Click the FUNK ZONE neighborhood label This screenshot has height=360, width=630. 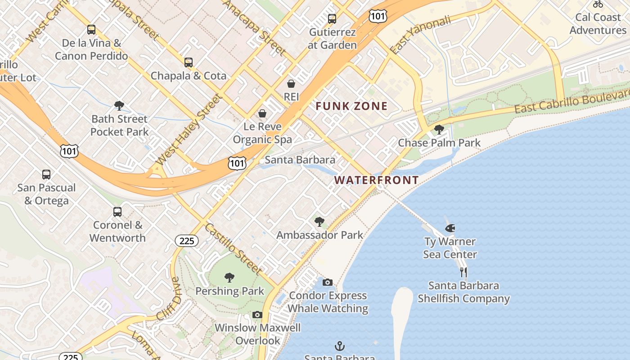pos(351,106)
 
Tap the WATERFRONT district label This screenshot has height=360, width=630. pos(376,180)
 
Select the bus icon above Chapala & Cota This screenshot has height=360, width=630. pos(189,63)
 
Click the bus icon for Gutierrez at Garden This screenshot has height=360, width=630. pos(332,19)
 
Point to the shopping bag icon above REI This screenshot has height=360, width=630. pos(291,84)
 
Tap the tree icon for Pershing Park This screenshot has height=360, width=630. pos(229,277)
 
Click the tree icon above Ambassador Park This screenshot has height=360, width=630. pos(319,221)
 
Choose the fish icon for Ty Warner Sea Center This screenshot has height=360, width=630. pos(450,228)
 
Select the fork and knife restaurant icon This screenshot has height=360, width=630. pos(463,272)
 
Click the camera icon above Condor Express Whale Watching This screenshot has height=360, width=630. pos(328,282)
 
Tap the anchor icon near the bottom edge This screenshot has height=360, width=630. pos(340,346)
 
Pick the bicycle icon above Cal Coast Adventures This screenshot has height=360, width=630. pos(598,4)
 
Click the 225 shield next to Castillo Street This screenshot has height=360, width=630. pos(187,241)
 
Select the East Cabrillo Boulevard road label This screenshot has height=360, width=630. pos(571,102)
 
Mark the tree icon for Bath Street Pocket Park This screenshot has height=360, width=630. pos(119,106)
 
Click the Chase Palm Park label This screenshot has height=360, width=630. pos(439,143)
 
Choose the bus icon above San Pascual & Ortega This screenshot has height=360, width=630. pos(46,175)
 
